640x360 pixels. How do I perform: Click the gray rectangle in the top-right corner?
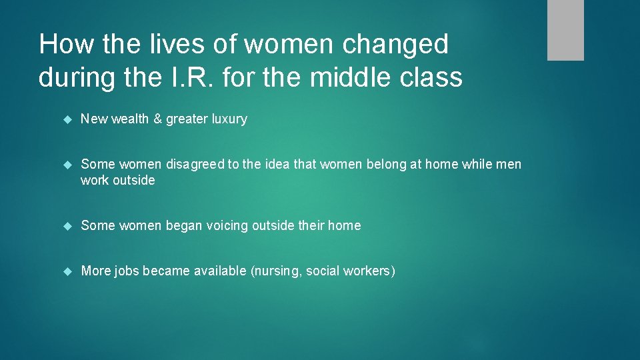[565, 30]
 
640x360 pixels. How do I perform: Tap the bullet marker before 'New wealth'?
[67, 119]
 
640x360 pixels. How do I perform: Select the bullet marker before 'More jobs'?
[67, 271]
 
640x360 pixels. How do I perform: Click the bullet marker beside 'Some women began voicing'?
[67, 226]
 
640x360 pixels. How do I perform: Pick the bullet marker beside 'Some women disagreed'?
[67, 165]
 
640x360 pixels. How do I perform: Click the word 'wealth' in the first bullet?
[130, 119]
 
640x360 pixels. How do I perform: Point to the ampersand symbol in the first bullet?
[157, 119]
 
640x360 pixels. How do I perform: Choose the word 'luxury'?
[229, 119]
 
